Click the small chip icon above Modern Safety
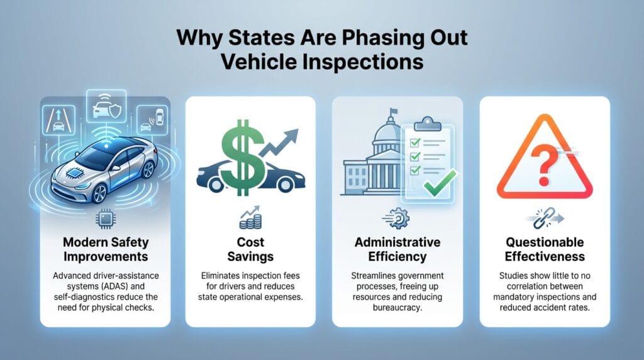[x=104, y=219]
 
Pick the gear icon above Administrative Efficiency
[x=398, y=219]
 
